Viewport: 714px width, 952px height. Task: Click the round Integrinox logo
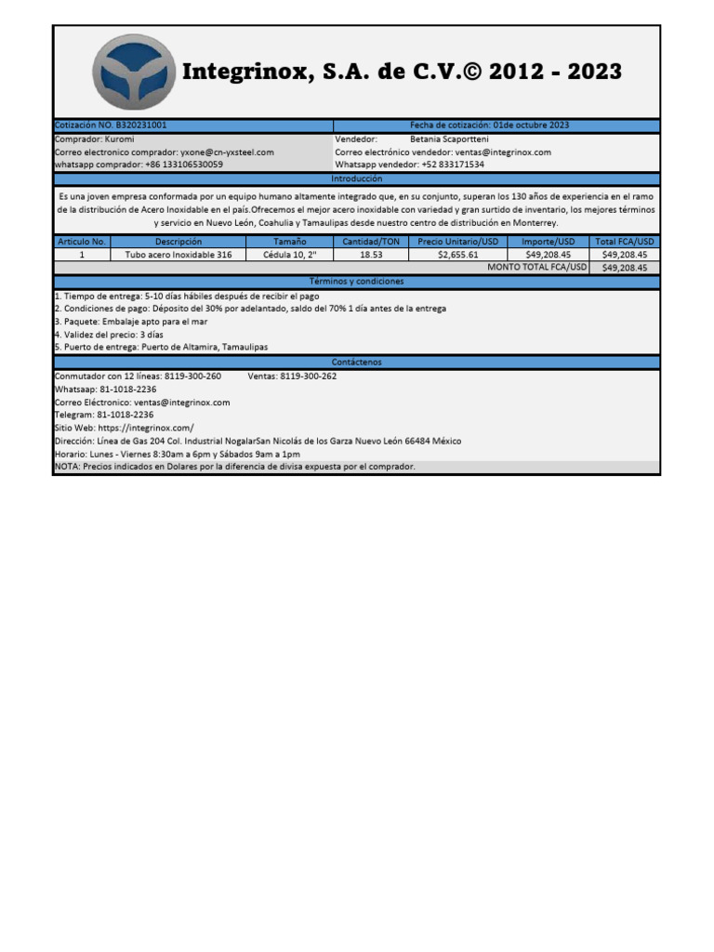click(134, 73)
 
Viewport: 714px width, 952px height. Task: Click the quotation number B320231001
click(142, 126)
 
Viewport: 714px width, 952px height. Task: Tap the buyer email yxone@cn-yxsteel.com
click(227, 152)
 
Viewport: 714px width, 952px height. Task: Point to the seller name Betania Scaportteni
click(453, 139)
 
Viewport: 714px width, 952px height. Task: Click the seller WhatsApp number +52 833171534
click(452, 165)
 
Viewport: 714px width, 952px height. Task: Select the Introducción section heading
click(356, 178)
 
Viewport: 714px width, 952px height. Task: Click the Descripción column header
click(178, 241)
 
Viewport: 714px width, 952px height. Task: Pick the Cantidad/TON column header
click(371, 241)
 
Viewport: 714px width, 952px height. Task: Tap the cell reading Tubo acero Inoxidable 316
click(178, 254)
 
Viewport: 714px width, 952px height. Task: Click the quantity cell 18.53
click(371, 254)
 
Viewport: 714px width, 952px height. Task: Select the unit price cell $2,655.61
click(457, 254)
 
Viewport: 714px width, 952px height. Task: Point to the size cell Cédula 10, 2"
click(290, 254)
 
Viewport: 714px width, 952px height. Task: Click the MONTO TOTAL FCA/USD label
click(537, 267)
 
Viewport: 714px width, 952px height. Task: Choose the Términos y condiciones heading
click(356, 281)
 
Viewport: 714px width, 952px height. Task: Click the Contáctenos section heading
click(356, 362)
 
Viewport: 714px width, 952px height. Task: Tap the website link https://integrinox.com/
click(146, 428)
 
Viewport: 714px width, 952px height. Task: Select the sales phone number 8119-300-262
click(308, 376)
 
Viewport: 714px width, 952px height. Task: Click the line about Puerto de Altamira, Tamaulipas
click(204, 347)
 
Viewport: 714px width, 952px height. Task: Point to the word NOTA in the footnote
click(66, 467)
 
